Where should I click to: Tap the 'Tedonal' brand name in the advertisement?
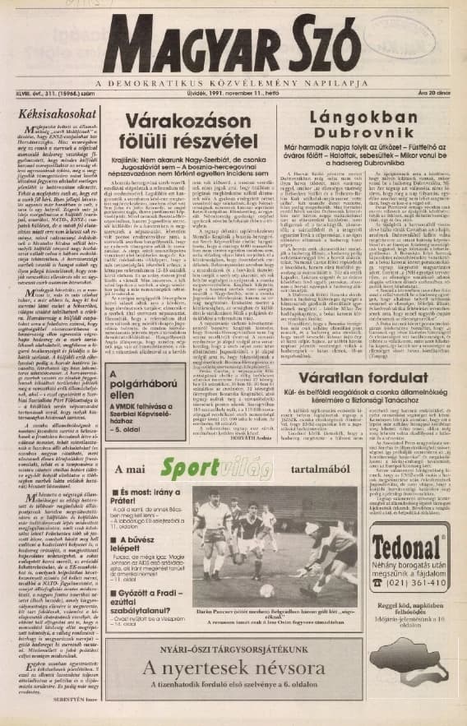[408, 546]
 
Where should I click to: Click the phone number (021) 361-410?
[415, 581]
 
